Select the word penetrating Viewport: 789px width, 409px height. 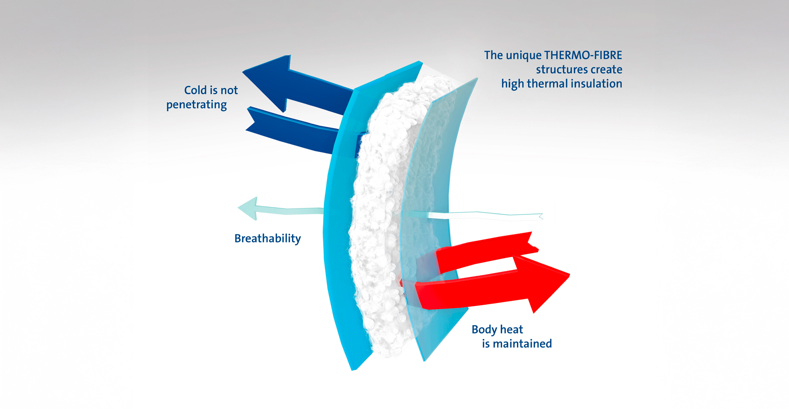(196, 105)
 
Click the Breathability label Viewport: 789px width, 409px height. (268, 238)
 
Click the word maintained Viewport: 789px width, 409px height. (522, 344)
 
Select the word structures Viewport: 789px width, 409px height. (561, 69)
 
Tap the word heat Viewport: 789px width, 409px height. (512, 330)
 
